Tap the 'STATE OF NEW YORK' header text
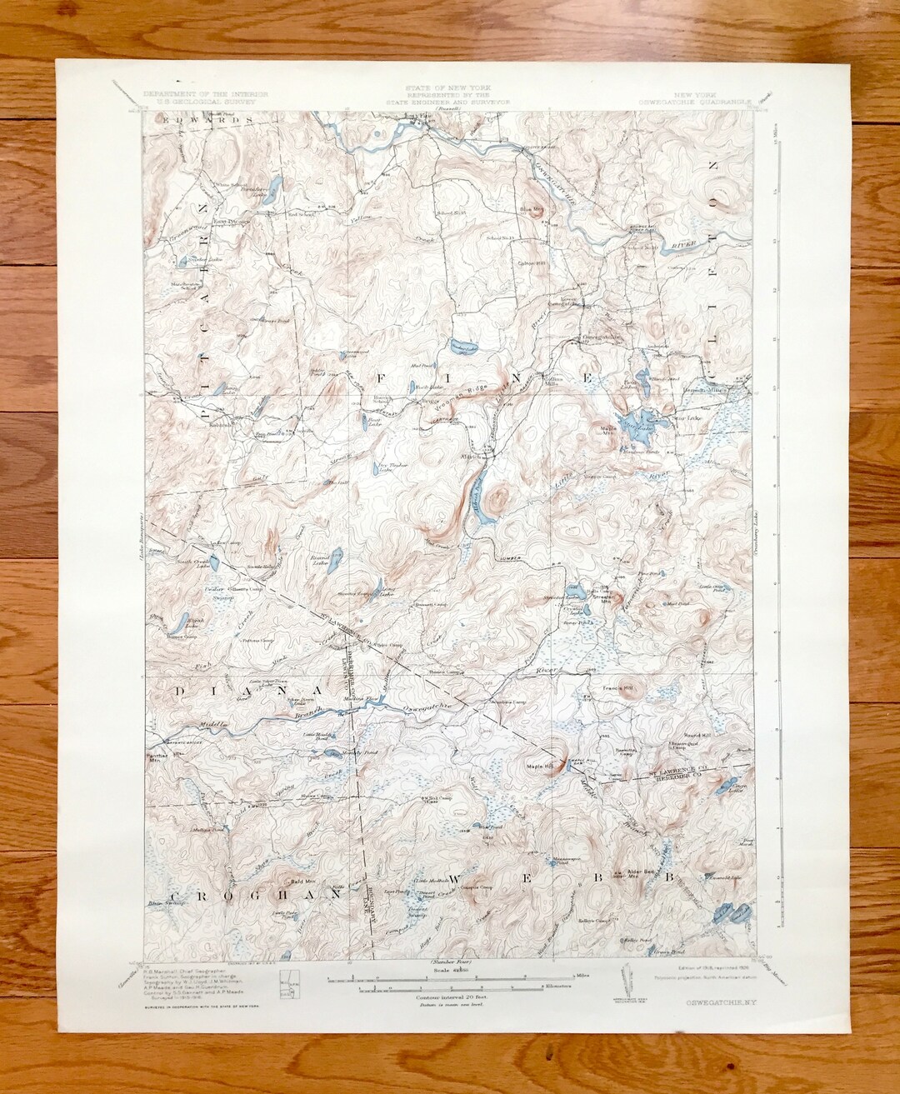[x=448, y=87]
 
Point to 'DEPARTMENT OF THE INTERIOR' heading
[x=205, y=94]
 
